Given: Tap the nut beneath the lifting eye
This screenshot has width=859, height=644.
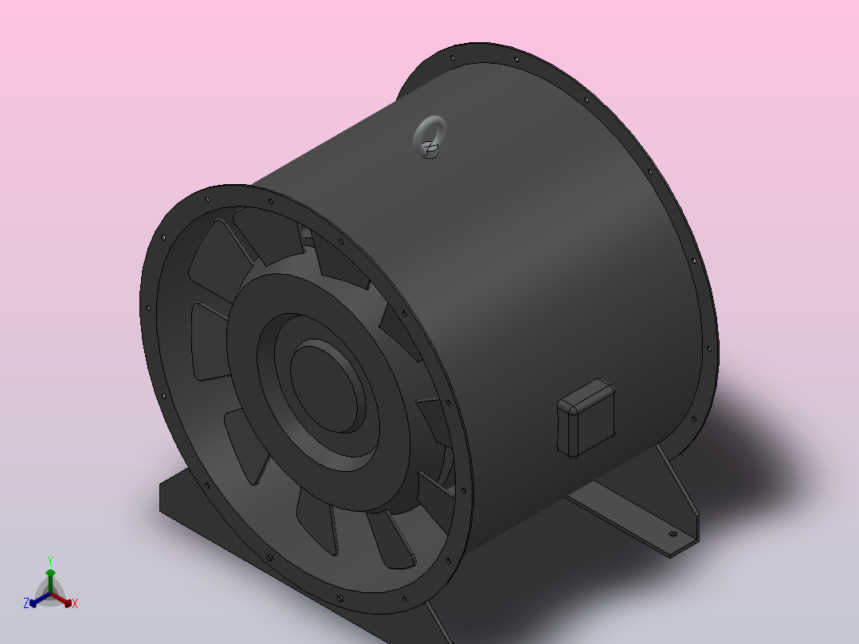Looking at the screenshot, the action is [x=430, y=149].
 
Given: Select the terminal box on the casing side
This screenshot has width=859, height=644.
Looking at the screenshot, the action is [x=586, y=418].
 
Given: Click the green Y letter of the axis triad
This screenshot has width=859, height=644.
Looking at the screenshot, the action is [x=50, y=560].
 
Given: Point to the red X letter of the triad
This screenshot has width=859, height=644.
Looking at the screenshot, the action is [x=75, y=603].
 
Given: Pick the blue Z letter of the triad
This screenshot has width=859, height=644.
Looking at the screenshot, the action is [x=26, y=603].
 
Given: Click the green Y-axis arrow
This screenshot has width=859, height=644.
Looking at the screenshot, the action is [x=50, y=581].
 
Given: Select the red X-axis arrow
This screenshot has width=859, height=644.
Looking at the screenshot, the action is [x=62, y=599].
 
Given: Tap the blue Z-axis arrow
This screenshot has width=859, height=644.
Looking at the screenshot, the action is [x=40, y=599].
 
